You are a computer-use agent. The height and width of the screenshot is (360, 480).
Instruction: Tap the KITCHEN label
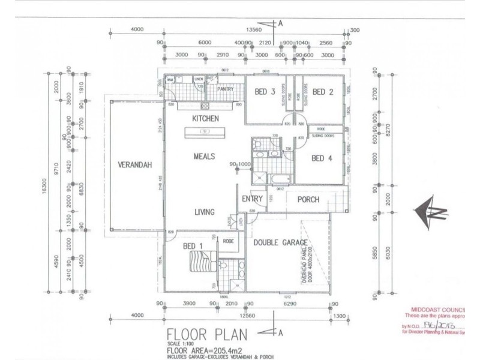point(205,119)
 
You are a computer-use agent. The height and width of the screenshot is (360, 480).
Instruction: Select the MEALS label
point(204,155)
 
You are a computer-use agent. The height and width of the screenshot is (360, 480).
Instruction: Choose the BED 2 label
point(323,92)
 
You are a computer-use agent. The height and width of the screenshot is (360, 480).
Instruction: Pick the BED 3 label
point(265,92)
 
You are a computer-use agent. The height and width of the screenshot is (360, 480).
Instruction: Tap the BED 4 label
point(323,159)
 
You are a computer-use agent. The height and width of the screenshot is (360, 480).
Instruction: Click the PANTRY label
point(226,89)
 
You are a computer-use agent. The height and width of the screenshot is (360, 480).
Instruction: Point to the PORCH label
point(308,200)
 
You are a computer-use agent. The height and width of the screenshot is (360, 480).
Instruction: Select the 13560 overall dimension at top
point(255,29)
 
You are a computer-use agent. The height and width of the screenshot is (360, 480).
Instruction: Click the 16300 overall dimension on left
point(43,187)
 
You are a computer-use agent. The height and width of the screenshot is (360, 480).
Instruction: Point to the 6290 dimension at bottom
point(290,304)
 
